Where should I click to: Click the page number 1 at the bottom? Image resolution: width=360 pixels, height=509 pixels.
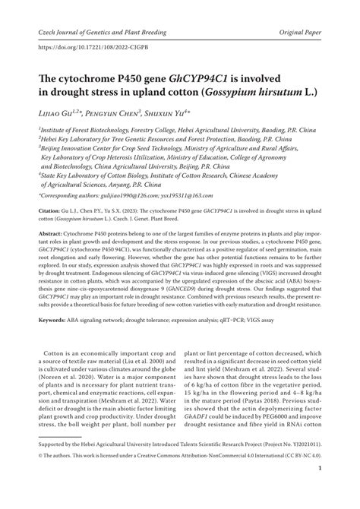(x=321, y=490)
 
